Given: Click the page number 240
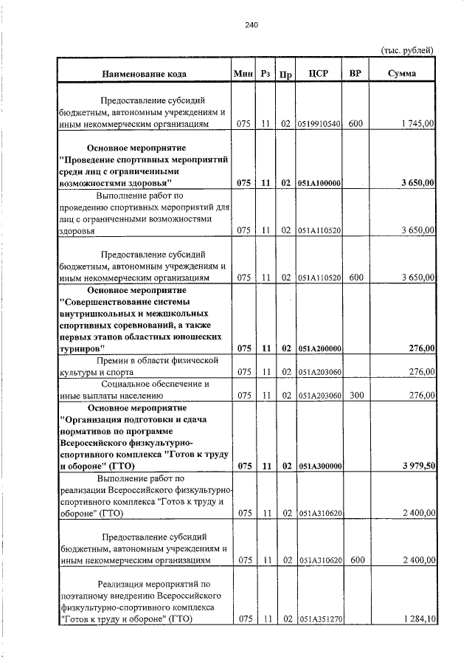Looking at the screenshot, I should click(251, 25).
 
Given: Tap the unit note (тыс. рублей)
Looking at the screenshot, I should click(406, 50).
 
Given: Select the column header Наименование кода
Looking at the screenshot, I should click(144, 74).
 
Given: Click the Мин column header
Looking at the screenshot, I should click(243, 74).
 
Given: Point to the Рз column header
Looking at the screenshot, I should click(265, 74).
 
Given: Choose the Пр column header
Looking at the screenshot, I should click(285, 75).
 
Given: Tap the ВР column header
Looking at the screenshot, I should click(356, 74).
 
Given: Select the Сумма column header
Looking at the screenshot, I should click(402, 74).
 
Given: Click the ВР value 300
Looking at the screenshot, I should click(357, 396).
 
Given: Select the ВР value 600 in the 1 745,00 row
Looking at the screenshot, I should click(356, 124).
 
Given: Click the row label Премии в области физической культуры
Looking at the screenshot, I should click(145, 366).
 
